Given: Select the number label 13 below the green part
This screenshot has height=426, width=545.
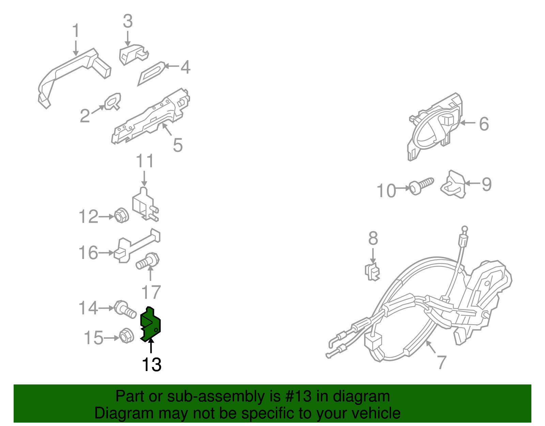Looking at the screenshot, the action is pos(152,364).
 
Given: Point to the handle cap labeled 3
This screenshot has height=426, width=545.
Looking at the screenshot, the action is pos(134,55).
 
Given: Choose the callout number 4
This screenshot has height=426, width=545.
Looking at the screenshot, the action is pos(186,67).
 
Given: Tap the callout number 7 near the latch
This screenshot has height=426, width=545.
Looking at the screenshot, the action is pos(442,362).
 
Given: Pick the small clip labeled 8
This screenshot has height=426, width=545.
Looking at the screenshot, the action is pos(372,272).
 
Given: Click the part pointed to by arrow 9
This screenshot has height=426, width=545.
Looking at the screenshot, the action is pos(453,184).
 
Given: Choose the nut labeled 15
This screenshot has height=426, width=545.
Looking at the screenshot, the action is pos(126,336).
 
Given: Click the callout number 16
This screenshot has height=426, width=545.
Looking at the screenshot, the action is pos(88,252).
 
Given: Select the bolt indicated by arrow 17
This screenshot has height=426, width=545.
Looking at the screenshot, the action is pos(148,261).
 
